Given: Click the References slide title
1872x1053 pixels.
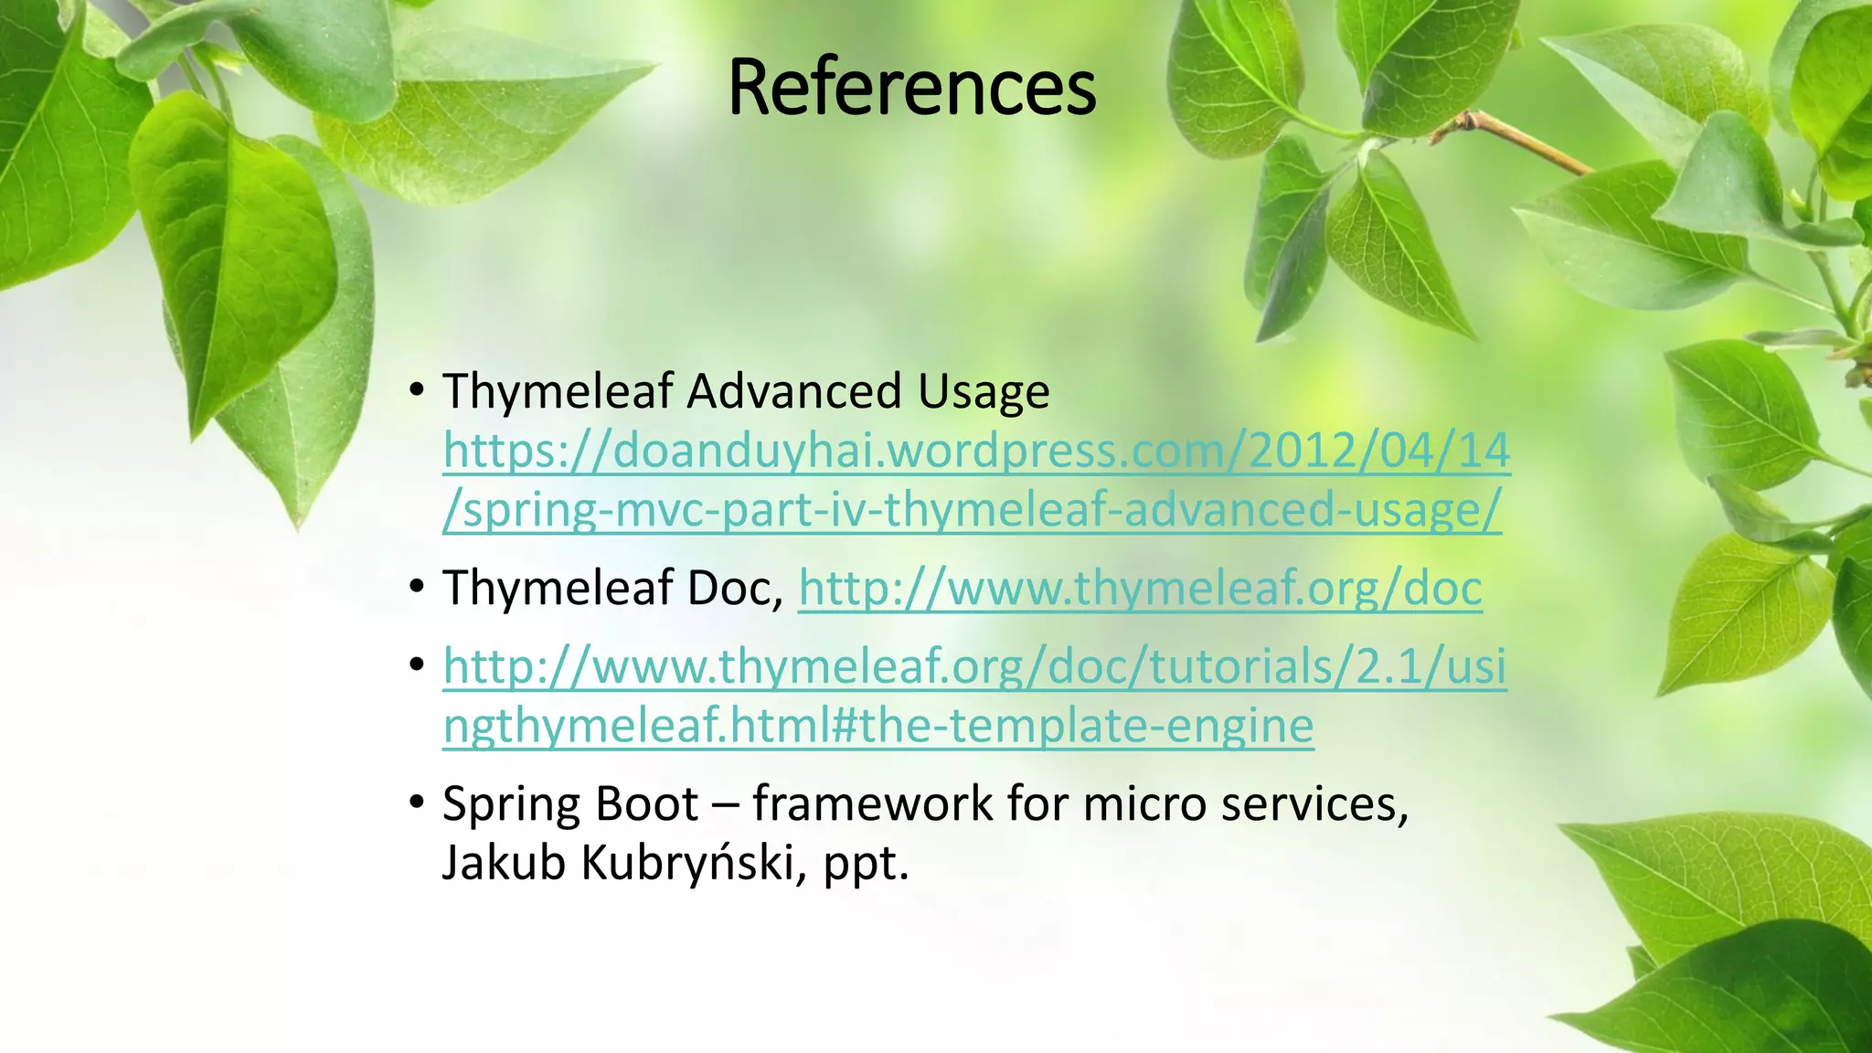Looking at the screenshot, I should (911, 88).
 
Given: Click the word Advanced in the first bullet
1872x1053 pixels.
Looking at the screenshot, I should (794, 392).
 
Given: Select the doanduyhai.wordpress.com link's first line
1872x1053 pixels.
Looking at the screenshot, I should (976, 452).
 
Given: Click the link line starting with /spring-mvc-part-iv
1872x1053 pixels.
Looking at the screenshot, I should (972, 510).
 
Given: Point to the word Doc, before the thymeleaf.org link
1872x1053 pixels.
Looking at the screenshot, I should (736, 588).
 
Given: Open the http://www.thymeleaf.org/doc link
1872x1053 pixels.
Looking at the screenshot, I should (1140, 588).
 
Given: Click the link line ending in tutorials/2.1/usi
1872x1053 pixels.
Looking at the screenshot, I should (974, 666).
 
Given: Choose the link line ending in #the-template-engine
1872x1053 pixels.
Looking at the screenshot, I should (878, 726).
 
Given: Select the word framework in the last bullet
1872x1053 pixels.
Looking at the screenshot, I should (872, 803).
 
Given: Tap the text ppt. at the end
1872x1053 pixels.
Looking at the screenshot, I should (866, 864).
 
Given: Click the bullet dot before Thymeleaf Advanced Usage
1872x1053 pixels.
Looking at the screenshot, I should (417, 391).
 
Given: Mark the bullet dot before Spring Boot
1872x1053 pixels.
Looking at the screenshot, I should (417, 803).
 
